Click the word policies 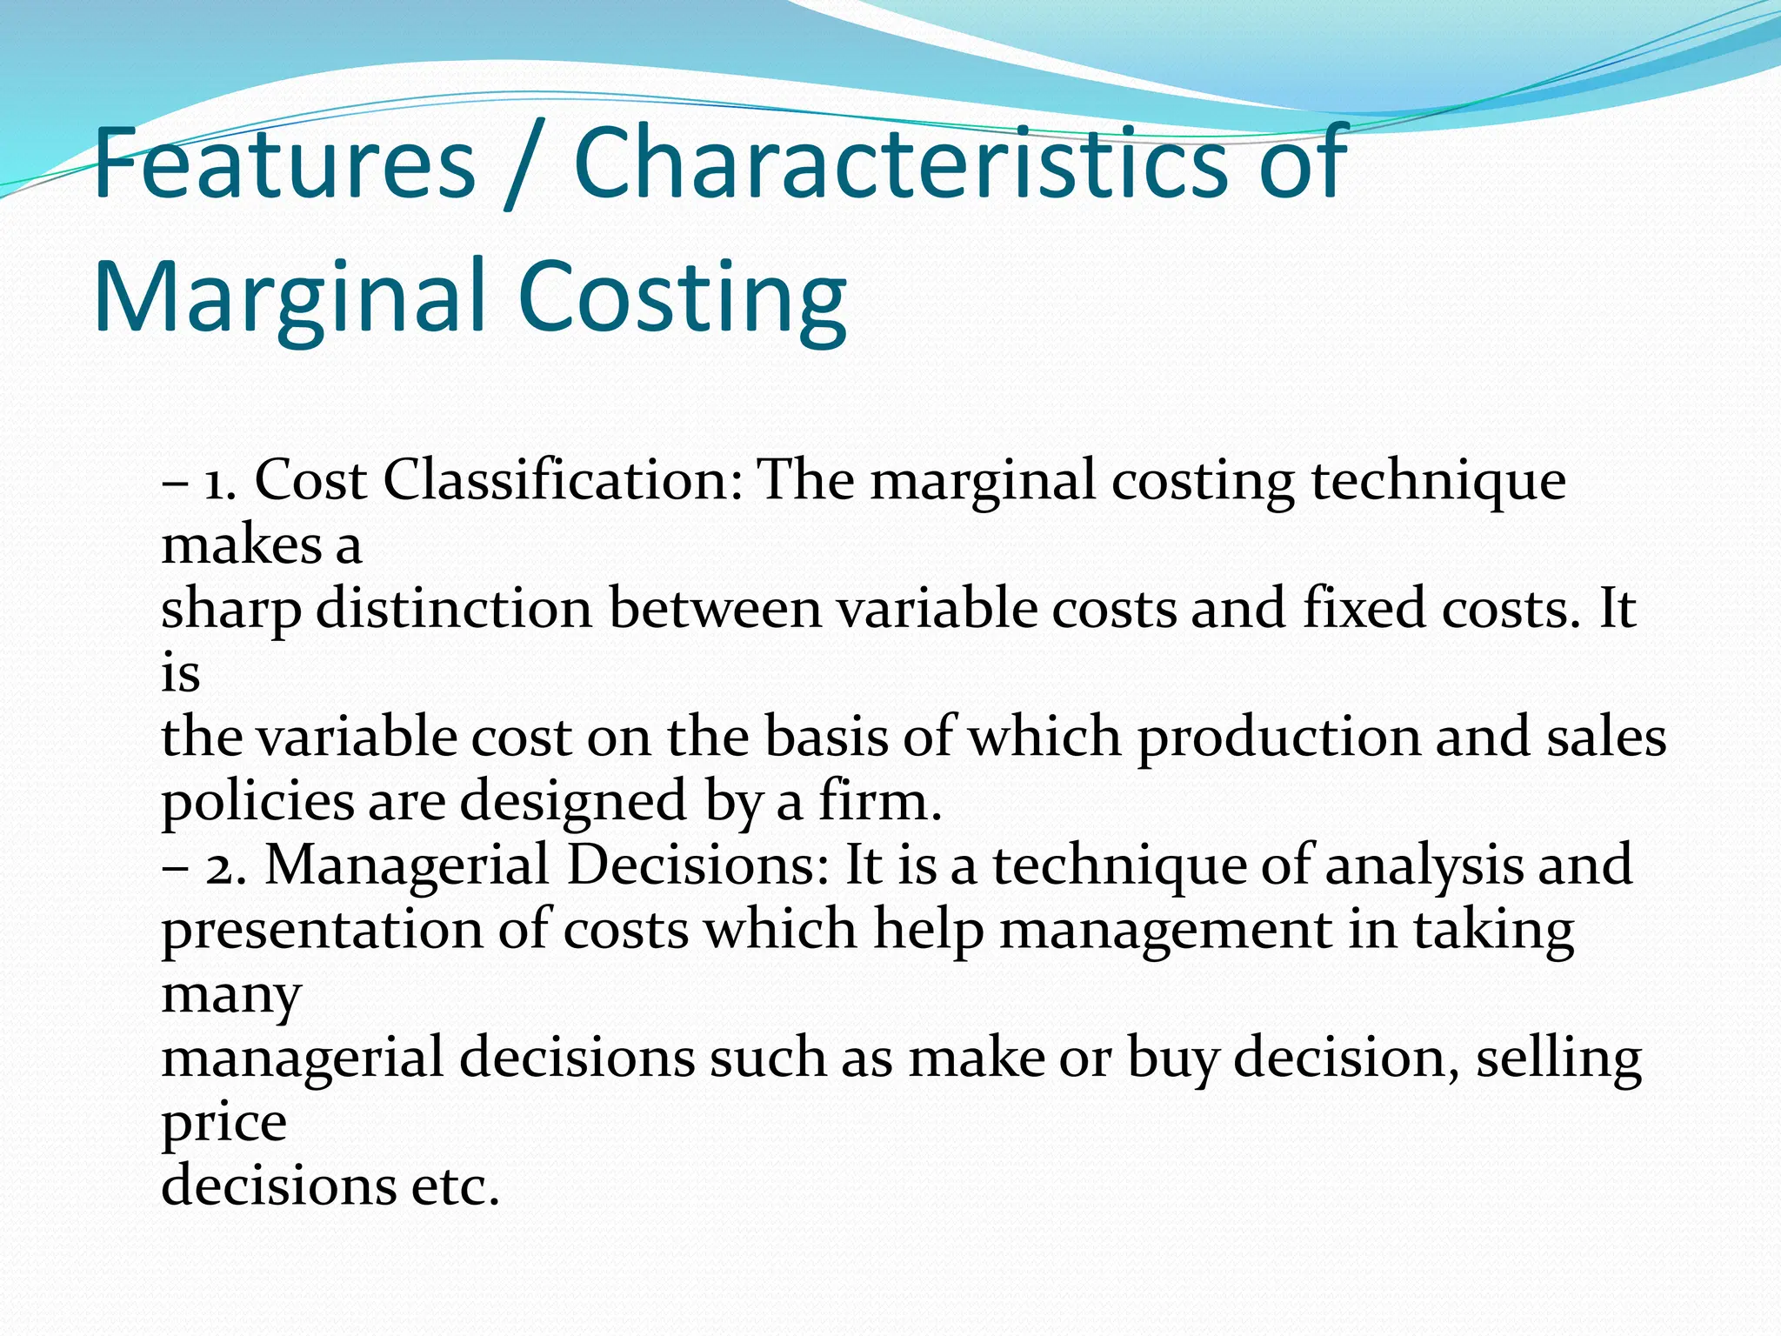[257, 802]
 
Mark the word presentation [322, 931]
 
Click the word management [1165, 931]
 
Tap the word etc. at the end [456, 1186]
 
